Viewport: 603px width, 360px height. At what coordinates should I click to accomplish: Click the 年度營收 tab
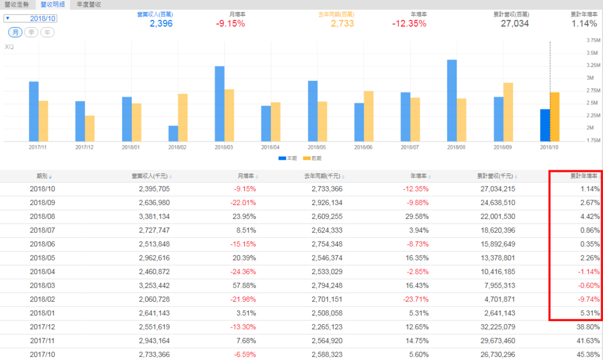89,5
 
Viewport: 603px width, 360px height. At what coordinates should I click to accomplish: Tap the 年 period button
47,32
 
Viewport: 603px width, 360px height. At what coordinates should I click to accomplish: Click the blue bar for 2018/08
452,100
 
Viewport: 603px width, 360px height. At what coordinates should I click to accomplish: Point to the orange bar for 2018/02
183,117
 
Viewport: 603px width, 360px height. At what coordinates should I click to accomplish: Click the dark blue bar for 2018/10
545,125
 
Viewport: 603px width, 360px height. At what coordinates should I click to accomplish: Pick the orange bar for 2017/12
90,128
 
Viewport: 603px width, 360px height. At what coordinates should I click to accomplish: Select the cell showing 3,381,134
154,217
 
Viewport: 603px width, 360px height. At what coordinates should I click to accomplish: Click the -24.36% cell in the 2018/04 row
243,272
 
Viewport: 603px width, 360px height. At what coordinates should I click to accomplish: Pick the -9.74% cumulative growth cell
588,300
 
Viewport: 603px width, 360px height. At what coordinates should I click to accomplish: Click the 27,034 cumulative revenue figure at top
515,24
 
